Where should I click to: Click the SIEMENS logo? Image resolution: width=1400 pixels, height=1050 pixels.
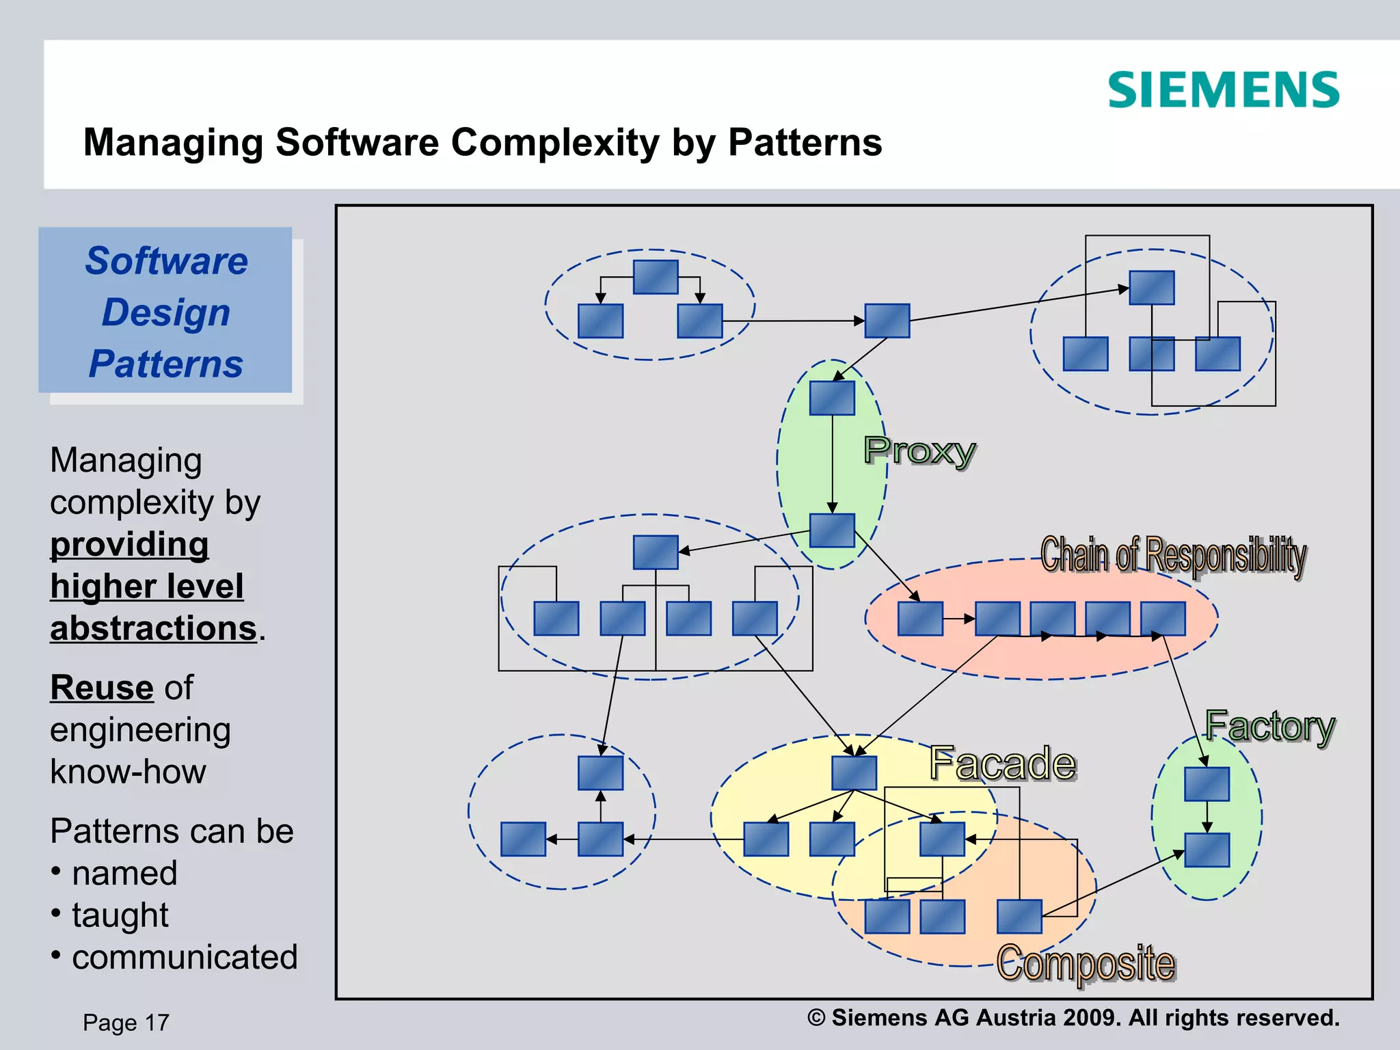[x=1223, y=90]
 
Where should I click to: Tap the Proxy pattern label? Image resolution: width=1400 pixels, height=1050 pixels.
[x=919, y=451]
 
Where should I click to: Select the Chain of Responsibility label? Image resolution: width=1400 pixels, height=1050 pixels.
[x=1173, y=554]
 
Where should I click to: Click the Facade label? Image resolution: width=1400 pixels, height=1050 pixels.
[x=1002, y=763]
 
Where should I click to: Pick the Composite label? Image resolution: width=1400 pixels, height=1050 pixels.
[x=1086, y=962]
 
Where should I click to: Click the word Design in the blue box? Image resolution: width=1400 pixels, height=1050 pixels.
[x=166, y=312]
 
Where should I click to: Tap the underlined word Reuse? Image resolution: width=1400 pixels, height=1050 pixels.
[x=102, y=688]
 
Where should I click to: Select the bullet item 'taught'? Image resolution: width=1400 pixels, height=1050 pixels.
[x=120, y=915]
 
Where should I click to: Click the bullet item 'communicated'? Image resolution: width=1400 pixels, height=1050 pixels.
[x=185, y=957]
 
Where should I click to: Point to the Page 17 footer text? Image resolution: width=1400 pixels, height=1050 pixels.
[x=126, y=1023]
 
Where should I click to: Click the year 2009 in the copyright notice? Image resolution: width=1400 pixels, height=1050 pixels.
[x=1091, y=1018]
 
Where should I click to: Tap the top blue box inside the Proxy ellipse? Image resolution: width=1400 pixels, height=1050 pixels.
[x=832, y=398]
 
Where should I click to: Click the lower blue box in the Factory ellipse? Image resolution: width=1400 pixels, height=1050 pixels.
[x=1207, y=850]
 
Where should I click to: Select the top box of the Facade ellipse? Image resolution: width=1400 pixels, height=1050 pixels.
[x=854, y=772]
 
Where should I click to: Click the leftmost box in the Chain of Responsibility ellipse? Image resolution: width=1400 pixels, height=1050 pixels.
[x=920, y=619]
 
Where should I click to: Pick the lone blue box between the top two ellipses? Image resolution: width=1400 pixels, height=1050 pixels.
[x=887, y=321]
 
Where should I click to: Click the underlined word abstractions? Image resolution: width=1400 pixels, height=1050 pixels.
[x=153, y=628]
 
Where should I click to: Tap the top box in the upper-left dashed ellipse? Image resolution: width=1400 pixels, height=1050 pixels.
[x=655, y=277]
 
